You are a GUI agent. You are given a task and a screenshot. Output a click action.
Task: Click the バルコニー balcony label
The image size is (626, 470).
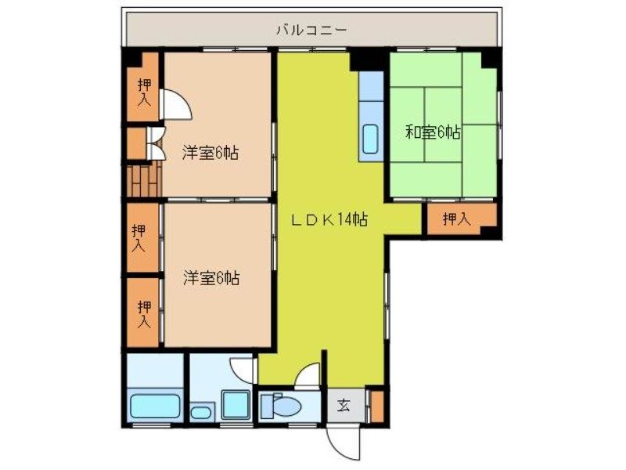tap(311, 31)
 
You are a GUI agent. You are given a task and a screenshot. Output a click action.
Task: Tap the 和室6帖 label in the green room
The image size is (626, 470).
tap(433, 132)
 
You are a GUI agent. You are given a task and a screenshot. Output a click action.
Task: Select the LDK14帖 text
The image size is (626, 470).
tap(329, 220)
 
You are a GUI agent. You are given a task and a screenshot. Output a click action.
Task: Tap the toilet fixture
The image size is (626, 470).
tap(282, 407)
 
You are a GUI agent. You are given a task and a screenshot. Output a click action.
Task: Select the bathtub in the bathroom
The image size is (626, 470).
tap(155, 407)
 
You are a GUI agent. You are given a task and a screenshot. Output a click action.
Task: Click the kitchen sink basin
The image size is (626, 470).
tap(370, 139)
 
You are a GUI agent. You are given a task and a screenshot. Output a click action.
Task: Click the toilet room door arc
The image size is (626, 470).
tap(308, 377)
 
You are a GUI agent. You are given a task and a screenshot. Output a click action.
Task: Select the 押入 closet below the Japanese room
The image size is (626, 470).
tap(456, 220)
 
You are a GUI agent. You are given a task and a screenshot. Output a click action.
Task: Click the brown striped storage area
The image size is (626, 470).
tap(143, 183)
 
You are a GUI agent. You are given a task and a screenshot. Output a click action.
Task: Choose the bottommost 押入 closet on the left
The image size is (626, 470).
tap(144, 313)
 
